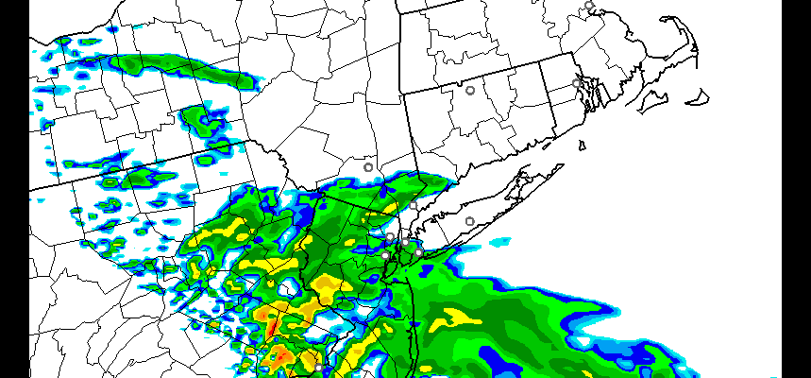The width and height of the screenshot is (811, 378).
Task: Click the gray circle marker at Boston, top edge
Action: coord(589,6)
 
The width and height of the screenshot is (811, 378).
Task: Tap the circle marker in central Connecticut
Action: coord(469,91)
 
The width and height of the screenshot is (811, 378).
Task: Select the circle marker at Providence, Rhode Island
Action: coord(576,83)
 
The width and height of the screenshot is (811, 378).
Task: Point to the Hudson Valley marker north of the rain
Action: coord(368,167)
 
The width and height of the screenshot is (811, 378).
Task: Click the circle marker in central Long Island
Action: coord(469,221)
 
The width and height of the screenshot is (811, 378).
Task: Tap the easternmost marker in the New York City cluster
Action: coord(418,252)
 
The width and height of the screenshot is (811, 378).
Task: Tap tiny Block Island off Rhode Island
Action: coord(582,145)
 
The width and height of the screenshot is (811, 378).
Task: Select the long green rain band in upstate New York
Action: coord(184,67)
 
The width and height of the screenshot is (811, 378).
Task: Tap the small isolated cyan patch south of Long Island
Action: coord(501,244)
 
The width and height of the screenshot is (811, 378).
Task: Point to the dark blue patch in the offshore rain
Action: coord(496,357)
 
